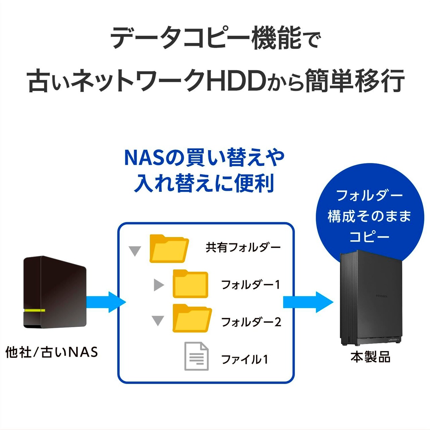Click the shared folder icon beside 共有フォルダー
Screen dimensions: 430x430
click(169, 249)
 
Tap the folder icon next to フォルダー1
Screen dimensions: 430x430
click(190, 284)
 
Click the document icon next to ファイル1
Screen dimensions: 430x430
click(197, 356)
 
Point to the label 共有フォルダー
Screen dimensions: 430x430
click(243, 248)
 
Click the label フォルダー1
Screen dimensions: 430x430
click(250, 285)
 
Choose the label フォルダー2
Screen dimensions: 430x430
click(251, 322)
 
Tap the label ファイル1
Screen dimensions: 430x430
click(245, 359)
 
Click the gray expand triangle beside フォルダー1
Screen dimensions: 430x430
click(159, 285)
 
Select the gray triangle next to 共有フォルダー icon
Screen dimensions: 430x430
click(135, 251)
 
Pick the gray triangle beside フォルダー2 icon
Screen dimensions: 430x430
click(158, 320)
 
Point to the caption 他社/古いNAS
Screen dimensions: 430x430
click(52, 352)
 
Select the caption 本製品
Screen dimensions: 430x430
click(371, 357)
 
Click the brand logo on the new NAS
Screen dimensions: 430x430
click(382, 296)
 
